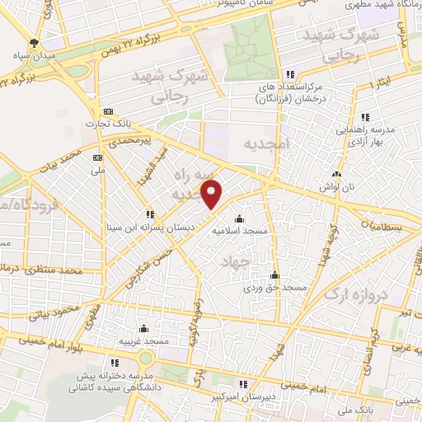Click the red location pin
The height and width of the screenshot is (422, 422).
tap(213, 195)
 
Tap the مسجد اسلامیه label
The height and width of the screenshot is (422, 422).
tap(240, 232)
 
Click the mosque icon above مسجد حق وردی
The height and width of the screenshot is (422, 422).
tap(274, 276)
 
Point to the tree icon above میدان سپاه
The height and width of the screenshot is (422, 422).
tap(34, 42)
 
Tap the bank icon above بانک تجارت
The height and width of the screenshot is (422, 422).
tap(108, 112)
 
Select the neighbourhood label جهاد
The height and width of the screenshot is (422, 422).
tap(235, 261)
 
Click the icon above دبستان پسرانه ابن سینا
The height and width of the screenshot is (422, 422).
tap(149, 213)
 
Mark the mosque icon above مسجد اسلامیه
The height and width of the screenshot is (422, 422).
tap(239, 219)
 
